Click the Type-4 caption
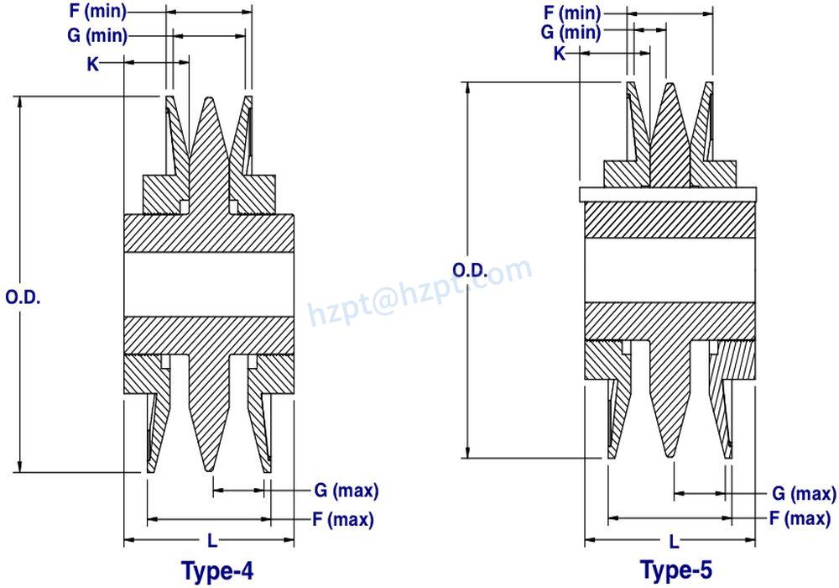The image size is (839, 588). [217, 571]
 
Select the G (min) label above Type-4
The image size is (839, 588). [97, 36]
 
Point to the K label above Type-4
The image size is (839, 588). [93, 63]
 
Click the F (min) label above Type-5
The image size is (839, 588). [572, 13]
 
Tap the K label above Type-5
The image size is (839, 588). [560, 53]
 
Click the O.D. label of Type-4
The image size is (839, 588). [23, 297]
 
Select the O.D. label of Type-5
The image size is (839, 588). [471, 269]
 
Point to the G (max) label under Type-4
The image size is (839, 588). [346, 490]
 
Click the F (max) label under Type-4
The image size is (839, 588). [342, 519]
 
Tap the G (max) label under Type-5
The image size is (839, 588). [804, 493]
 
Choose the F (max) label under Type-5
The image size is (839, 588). [800, 518]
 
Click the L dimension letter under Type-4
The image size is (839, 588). [211, 539]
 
